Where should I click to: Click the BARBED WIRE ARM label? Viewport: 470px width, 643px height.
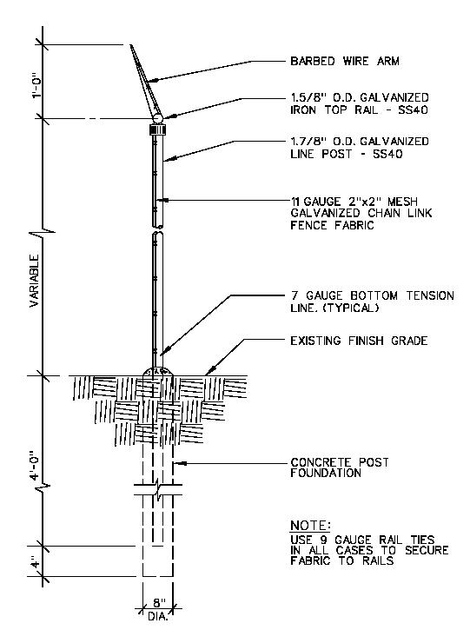345,62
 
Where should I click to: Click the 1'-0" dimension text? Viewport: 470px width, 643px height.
37,86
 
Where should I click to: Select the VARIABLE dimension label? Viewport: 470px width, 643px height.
35,281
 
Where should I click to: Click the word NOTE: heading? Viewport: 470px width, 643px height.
310,526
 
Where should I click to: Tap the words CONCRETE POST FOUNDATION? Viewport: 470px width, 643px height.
339,467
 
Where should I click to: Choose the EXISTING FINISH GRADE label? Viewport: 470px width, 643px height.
359,341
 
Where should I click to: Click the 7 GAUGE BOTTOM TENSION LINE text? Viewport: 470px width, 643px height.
372,302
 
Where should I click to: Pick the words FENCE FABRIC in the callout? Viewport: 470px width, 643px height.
332,225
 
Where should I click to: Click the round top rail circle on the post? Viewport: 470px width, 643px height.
158,118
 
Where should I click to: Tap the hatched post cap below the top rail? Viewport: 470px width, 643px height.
157,130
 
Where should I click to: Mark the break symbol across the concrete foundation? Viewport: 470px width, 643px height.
158,489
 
